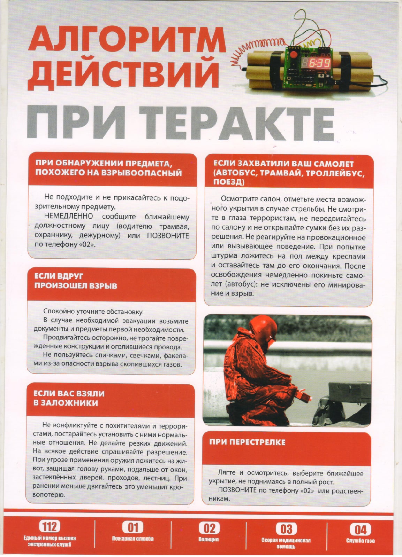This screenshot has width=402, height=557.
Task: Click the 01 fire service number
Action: [x=133, y=527]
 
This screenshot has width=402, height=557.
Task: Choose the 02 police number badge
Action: [x=209, y=528]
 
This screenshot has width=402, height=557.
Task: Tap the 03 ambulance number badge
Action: [x=286, y=529]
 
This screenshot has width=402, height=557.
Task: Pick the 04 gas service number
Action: [x=360, y=530]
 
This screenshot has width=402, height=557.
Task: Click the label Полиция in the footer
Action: [x=208, y=539]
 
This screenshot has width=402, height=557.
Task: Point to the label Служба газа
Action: [x=361, y=541]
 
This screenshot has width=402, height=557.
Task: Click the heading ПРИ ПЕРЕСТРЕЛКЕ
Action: [x=247, y=442]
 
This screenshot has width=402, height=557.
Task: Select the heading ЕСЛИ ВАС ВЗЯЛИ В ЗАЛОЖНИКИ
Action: [x=69, y=398]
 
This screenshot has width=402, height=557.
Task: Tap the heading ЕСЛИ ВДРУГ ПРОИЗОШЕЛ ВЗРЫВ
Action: [x=75, y=281]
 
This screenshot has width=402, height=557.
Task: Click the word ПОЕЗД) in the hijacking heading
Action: [x=229, y=182]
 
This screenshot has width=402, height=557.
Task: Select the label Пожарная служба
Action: [x=133, y=539]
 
